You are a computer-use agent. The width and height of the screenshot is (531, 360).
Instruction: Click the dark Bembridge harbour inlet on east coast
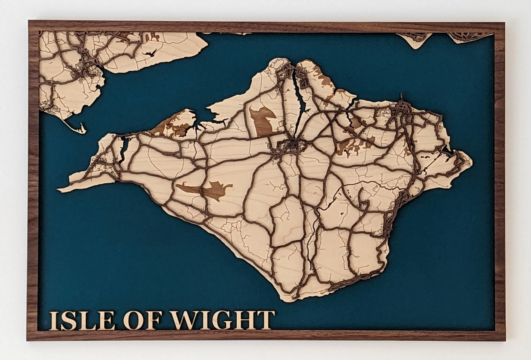(x=447, y=151)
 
